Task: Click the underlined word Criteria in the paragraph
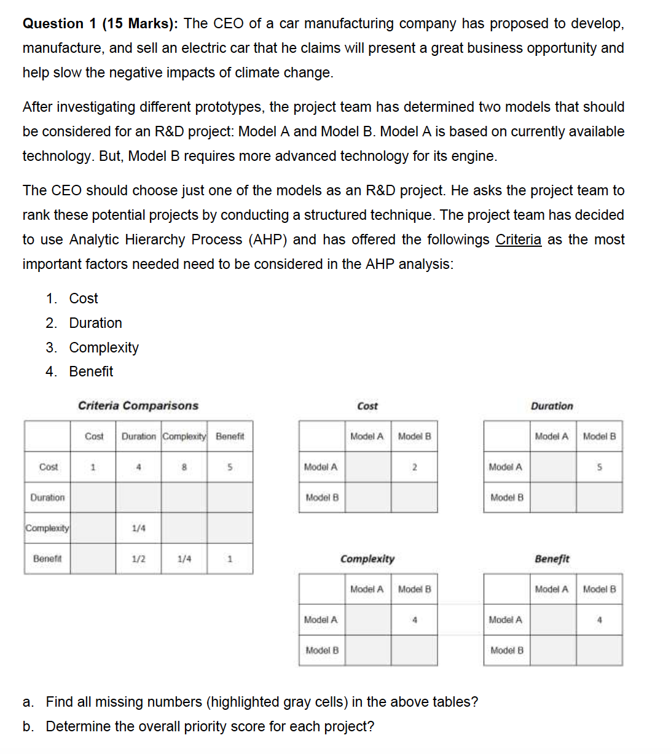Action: [518, 239]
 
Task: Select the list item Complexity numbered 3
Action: [103, 348]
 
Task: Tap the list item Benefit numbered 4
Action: [91, 371]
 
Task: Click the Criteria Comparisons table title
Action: [138, 406]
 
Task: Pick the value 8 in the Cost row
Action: [184, 467]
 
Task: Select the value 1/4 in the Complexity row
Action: [139, 528]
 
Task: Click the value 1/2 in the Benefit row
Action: [139, 559]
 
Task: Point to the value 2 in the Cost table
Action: [415, 467]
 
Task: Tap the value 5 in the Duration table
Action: [599, 467]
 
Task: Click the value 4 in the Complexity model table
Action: [415, 620]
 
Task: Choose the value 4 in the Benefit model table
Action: [599, 620]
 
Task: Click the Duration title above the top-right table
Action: [552, 406]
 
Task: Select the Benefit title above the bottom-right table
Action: [552, 559]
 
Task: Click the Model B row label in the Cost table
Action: [322, 497]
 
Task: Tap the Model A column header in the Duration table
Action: [552, 437]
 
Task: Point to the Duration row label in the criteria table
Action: [47, 497]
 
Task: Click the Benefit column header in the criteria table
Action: [230, 437]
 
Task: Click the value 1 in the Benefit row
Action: [230, 559]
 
